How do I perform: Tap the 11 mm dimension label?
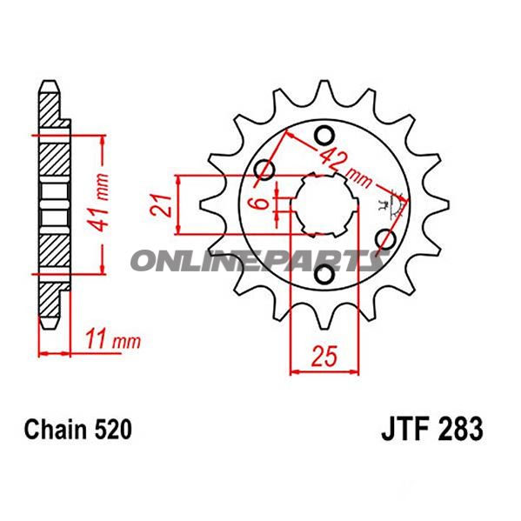click(113, 339)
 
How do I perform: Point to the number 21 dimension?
click(161, 205)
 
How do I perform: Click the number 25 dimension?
click(324, 356)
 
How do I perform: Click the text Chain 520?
click(77, 430)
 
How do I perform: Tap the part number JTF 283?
click(432, 429)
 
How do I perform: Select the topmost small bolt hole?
click(324, 136)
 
